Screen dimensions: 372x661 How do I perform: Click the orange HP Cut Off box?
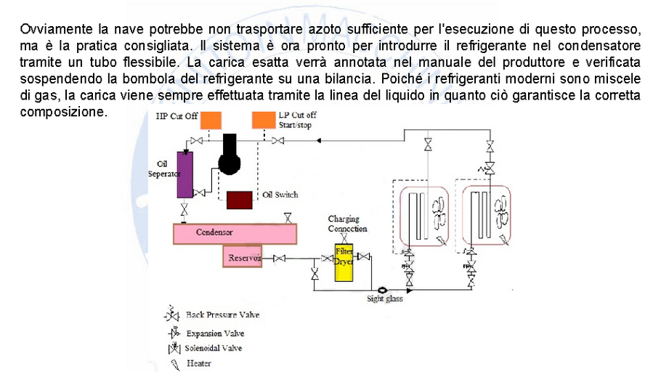[211, 120]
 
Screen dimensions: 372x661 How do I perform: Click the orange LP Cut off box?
[263, 120]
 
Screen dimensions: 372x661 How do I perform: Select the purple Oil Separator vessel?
[184, 174]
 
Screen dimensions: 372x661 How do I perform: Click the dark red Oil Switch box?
[240, 199]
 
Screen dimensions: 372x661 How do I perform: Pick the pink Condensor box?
[234, 233]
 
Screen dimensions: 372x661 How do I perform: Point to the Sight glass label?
[384, 297]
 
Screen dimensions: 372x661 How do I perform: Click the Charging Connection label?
[348, 224]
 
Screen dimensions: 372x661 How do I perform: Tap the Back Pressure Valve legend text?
[222, 315]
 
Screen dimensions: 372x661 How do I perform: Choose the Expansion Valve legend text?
[215, 333]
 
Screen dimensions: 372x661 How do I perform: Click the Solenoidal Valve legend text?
[214, 349]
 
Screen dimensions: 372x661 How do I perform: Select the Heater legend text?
[199, 363]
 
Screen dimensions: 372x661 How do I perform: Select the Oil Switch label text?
[280, 195]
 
